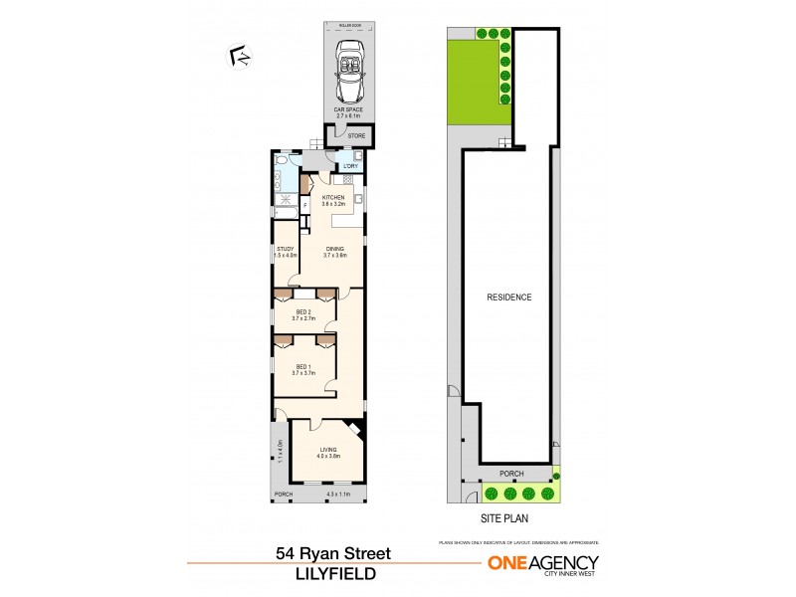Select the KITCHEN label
click(333, 198)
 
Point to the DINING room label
click(334, 250)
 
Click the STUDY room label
click(285, 250)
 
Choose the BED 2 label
click(302, 313)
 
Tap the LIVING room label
click(329, 453)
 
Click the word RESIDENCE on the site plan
click(508, 297)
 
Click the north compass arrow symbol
click(239, 57)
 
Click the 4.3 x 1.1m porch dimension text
click(339, 494)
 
